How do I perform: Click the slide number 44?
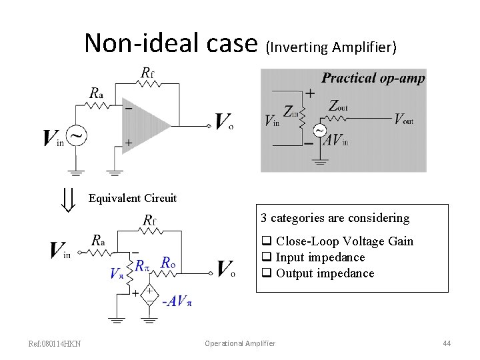[x=447, y=343]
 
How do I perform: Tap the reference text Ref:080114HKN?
[x=55, y=343]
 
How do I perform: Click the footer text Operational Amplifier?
[x=240, y=343]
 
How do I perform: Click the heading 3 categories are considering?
[x=335, y=218]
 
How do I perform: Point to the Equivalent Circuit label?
[x=133, y=198]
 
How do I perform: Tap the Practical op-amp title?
[x=373, y=78]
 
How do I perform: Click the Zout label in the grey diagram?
[x=338, y=105]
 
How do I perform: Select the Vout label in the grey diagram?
[x=403, y=119]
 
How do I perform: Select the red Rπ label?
[x=143, y=265]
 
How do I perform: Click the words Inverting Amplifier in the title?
[x=331, y=47]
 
